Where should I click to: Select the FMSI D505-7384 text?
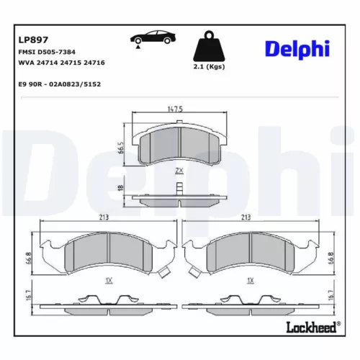(47, 53)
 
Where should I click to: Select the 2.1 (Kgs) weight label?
(209, 67)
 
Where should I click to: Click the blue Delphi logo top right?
(297, 48)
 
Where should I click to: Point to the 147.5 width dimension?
(177, 109)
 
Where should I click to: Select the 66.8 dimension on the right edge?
(330, 258)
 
